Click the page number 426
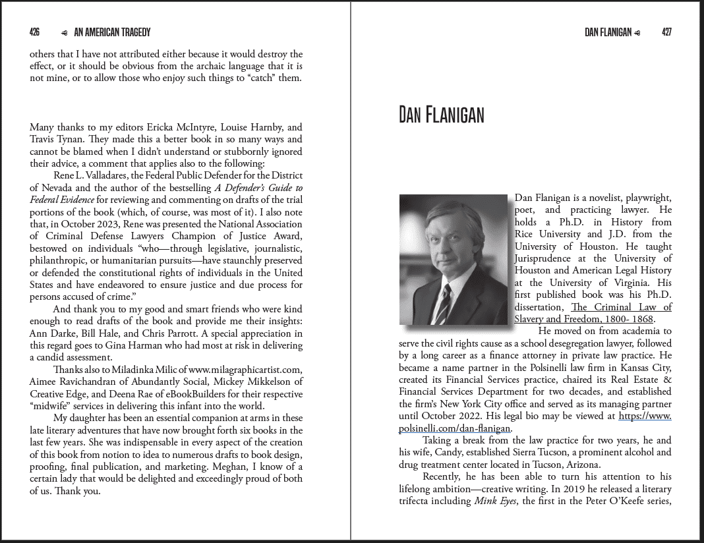coord(34,32)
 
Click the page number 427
coord(666,32)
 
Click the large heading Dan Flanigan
coord(441,115)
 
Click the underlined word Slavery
coord(531,319)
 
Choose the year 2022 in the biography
coord(470,416)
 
